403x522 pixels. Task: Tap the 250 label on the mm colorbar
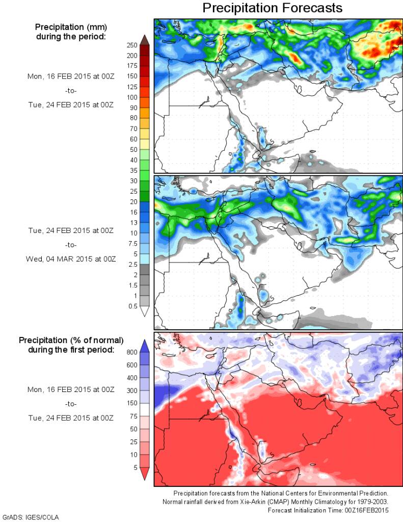[132, 45]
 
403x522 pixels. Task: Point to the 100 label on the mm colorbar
[132, 97]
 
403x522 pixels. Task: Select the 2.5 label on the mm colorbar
[132, 264]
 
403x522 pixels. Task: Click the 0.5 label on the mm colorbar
[132, 306]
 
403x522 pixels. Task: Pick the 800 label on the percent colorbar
[132, 352]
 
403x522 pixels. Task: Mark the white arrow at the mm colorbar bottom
[144, 311]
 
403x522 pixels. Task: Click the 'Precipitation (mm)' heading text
[70, 27]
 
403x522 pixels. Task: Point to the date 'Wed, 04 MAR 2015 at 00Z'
[71, 259]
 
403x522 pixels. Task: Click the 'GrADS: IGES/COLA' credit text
[31, 517]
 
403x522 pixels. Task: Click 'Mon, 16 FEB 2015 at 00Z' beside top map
[71, 76]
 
